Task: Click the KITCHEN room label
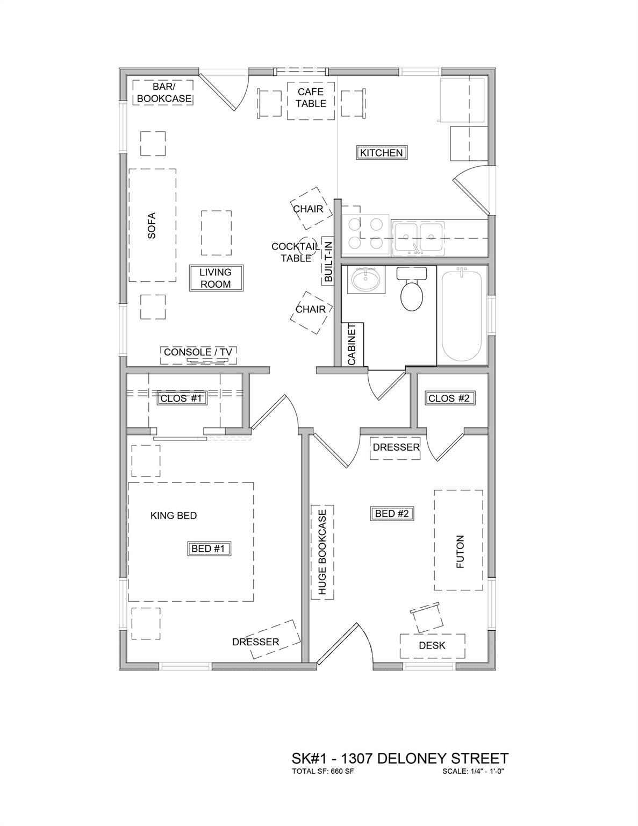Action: (381, 153)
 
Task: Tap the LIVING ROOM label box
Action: (216, 278)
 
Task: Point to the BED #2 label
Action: (392, 514)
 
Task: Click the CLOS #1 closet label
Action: (181, 398)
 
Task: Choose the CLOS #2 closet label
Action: (449, 398)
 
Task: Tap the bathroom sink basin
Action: (365, 280)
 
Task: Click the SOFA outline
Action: (152, 225)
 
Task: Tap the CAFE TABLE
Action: (311, 101)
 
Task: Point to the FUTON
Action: (458, 540)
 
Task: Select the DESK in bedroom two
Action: (432, 645)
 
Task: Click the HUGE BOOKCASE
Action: (322, 552)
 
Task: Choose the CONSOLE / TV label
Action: (198, 352)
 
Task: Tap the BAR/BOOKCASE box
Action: (163, 92)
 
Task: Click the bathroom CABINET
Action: (353, 345)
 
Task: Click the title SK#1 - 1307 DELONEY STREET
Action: (399, 759)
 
